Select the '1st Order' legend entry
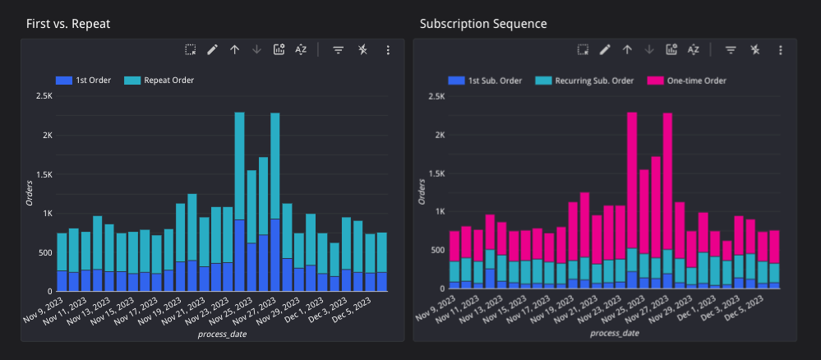click(x=85, y=81)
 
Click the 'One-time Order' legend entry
click(x=688, y=81)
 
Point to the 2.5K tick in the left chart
click(x=43, y=96)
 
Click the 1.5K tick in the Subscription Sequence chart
click(x=436, y=173)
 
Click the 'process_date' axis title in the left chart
click(x=222, y=335)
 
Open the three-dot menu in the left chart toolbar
click(x=388, y=49)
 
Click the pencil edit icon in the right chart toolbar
click(x=605, y=49)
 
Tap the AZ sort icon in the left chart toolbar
click(x=301, y=49)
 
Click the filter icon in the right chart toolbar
click(x=730, y=49)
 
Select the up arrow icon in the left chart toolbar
click(x=234, y=49)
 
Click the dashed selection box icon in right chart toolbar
click(x=583, y=49)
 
